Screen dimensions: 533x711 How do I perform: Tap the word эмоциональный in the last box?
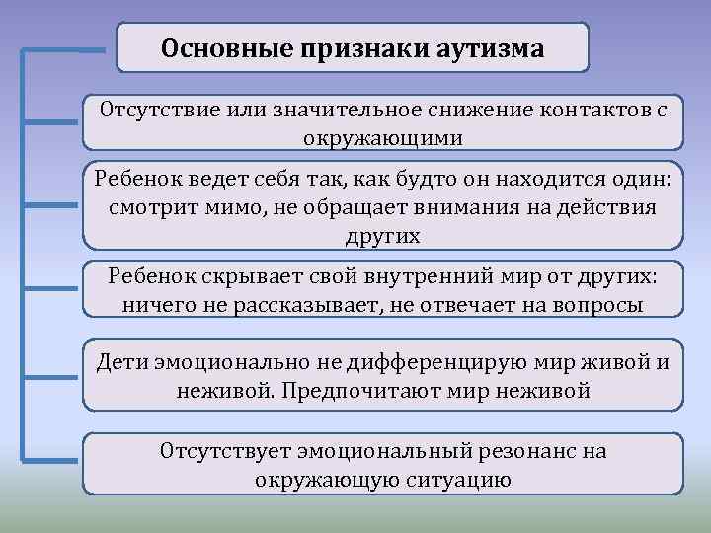375,452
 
